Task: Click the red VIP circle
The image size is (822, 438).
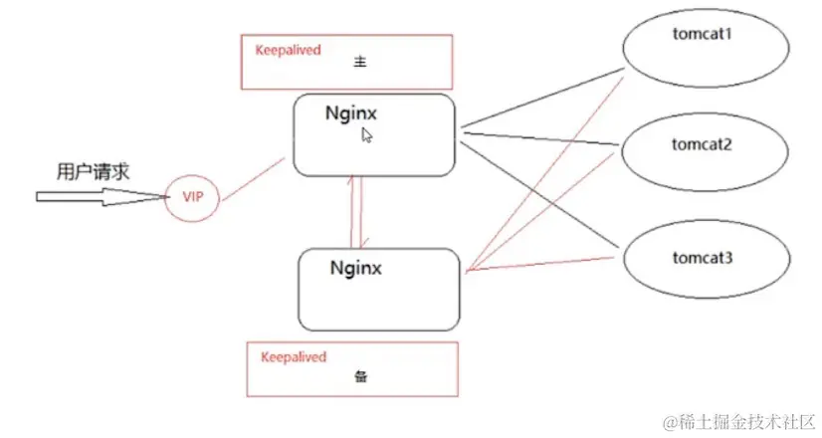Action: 192,196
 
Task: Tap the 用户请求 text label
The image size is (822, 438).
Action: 93,171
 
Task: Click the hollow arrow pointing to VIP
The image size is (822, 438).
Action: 100,196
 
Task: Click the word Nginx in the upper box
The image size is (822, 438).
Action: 350,112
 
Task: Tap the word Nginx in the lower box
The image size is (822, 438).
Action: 356,267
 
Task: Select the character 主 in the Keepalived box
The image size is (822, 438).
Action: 361,61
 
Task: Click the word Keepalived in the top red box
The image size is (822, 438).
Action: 289,49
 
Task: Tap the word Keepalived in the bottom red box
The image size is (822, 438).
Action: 294,355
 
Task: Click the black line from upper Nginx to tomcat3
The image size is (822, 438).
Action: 542,189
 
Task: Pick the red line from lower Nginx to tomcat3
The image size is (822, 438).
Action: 542,263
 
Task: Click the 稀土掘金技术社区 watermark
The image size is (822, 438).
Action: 740,419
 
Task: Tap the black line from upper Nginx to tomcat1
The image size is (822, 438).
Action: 542,99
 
